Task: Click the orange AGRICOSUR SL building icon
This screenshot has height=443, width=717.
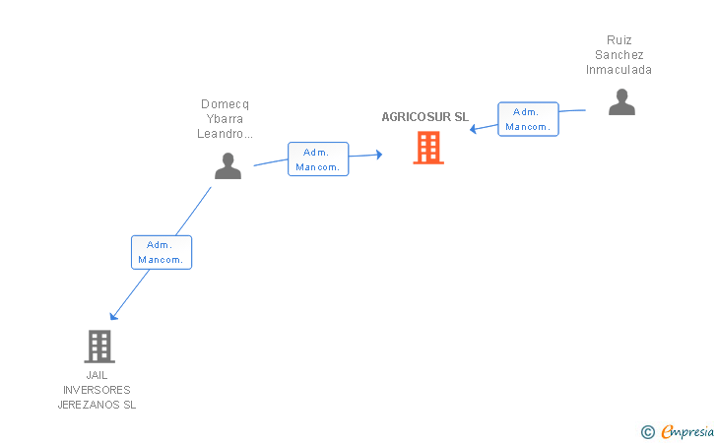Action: pyautogui.click(x=427, y=148)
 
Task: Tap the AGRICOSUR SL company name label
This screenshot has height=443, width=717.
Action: pyautogui.click(x=425, y=116)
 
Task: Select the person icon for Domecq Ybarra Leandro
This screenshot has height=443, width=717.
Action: pyautogui.click(x=228, y=165)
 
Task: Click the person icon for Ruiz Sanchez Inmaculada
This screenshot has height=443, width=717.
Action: pyautogui.click(x=621, y=101)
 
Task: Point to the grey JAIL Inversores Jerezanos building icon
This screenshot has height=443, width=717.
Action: pyautogui.click(x=98, y=346)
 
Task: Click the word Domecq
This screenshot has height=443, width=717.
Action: pyautogui.click(x=226, y=103)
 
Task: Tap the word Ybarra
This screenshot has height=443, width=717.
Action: pyautogui.click(x=226, y=119)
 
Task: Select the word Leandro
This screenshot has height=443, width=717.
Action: pyautogui.click(x=226, y=134)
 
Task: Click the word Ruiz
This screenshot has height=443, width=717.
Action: pyautogui.click(x=619, y=40)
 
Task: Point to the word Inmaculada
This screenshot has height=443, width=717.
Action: pyautogui.click(x=619, y=70)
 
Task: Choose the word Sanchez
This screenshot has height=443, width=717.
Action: pyautogui.click(x=619, y=55)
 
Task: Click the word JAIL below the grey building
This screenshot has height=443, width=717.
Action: pyautogui.click(x=98, y=375)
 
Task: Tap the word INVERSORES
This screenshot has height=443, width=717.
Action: pyautogui.click(x=98, y=390)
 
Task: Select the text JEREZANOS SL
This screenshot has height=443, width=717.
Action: pyautogui.click(x=98, y=405)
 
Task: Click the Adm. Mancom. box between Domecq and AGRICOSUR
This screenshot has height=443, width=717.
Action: pyautogui.click(x=318, y=159)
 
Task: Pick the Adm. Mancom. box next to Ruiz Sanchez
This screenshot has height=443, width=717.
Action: pyautogui.click(x=528, y=119)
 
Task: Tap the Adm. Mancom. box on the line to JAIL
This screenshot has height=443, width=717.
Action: pyautogui.click(x=162, y=252)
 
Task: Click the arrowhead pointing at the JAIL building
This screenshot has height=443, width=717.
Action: pyautogui.click(x=114, y=316)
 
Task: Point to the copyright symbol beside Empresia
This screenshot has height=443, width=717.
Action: pyautogui.click(x=647, y=431)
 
